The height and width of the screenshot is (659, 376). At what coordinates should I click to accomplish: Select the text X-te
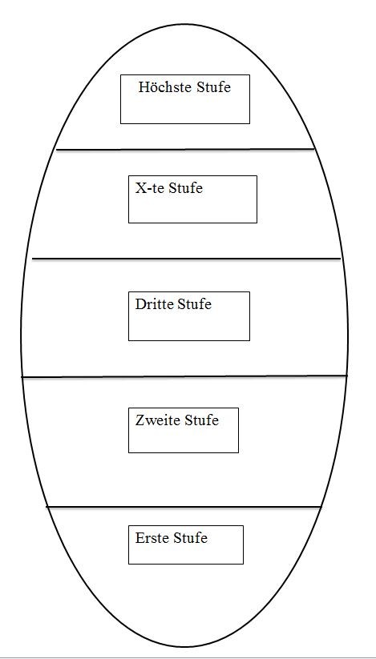150,188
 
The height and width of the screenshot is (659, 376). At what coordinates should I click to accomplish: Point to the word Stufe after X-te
185,188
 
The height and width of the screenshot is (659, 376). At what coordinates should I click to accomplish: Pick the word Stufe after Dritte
194,303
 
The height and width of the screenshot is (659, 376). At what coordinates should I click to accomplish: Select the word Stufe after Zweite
202,420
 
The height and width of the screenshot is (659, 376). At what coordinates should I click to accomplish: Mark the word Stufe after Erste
191,537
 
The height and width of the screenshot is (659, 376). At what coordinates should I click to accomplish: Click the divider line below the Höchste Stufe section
185,149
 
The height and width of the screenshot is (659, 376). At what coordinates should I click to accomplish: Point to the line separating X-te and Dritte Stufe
186,259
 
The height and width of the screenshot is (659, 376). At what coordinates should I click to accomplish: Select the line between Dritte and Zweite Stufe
184,376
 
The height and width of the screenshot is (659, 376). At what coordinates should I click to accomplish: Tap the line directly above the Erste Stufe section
184,507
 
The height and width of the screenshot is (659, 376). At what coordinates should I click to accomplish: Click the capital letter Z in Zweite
140,420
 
